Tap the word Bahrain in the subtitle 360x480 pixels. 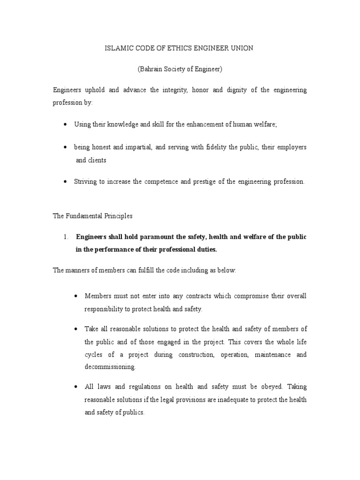151,69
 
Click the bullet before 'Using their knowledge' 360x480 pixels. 65,125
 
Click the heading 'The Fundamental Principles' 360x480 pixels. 92,216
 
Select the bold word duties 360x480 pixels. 206,249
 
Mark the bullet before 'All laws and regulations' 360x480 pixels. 75,388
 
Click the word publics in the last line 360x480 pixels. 134,413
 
